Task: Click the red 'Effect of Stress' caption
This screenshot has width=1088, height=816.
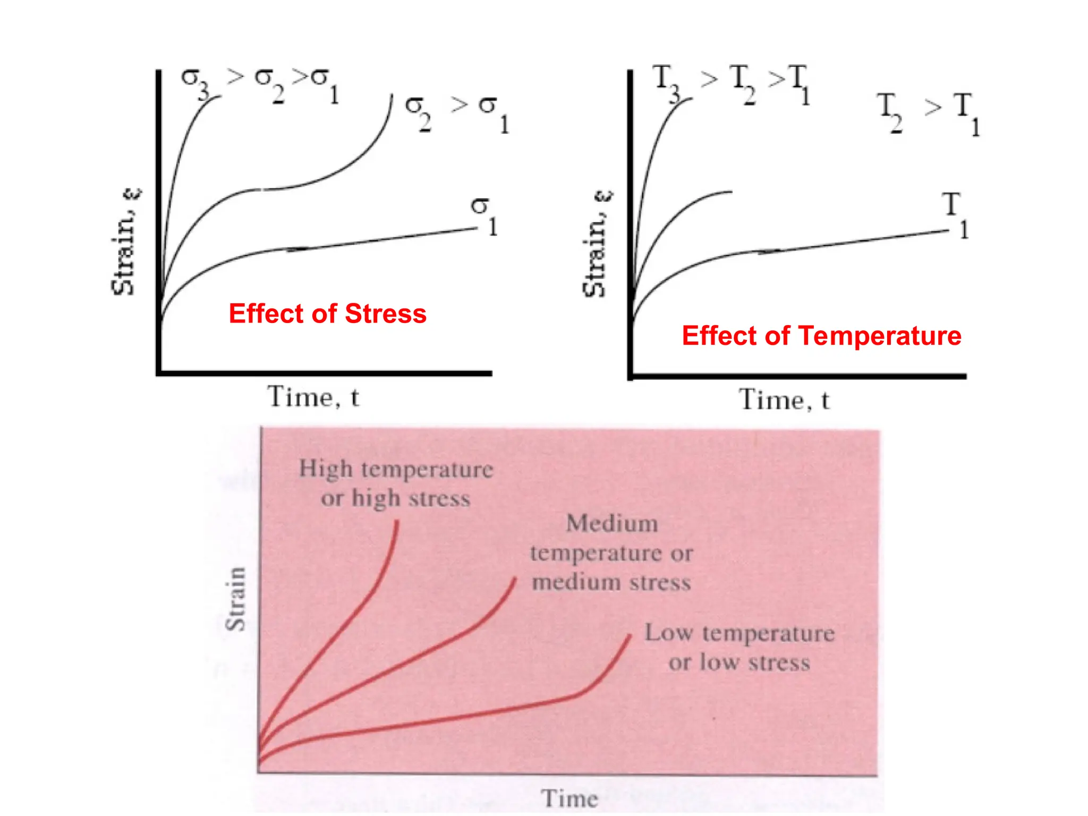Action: click(x=327, y=313)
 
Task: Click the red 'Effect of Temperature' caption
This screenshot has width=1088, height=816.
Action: click(x=821, y=336)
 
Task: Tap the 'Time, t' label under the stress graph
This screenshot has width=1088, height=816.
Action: click(x=313, y=397)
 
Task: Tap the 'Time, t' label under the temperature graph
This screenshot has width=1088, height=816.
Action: click(x=784, y=400)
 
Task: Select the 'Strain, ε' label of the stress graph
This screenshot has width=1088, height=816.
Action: click(x=125, y=242)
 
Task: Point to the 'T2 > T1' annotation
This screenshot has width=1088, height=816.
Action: click(x=928, y=113)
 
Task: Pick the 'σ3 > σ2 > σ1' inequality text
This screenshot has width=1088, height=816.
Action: click(x=260, y=84)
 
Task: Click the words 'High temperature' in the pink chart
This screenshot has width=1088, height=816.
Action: click(x=396, y=469)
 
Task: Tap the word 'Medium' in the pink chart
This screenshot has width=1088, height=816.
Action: click(x=612, y=523)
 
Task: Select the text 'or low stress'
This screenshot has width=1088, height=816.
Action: click(x=739, y=662)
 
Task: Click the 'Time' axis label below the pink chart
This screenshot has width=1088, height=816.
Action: click(x=569, y=798)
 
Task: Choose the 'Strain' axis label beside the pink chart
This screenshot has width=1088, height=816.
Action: click(x=236, y=599)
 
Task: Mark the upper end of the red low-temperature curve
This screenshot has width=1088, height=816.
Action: click(x=631, y=635)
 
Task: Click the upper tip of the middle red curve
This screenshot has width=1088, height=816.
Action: click(x=515, y=578)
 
